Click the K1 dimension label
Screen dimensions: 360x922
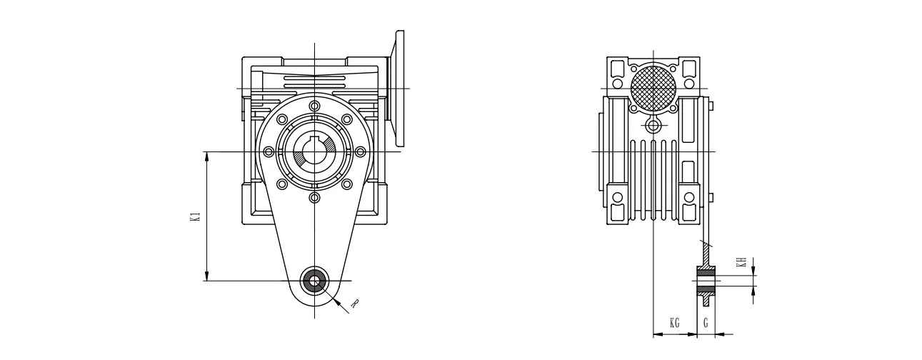coord(195,217)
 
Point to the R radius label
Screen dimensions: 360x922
coord(354,304)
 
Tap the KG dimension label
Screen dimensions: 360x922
coord(674,324)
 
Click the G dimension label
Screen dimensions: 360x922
coord(706,324)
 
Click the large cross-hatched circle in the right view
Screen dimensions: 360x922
coord(653,89)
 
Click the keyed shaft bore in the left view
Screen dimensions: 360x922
coord(314,151)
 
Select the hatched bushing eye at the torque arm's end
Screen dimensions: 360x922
coord(314,281)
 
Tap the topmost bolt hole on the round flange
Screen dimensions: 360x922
coord(314,106)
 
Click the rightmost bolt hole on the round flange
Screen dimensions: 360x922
coord(360,151)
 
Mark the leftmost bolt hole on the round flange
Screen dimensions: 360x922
coord(269,151)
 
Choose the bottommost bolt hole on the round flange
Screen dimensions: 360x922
coord(314,196)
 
